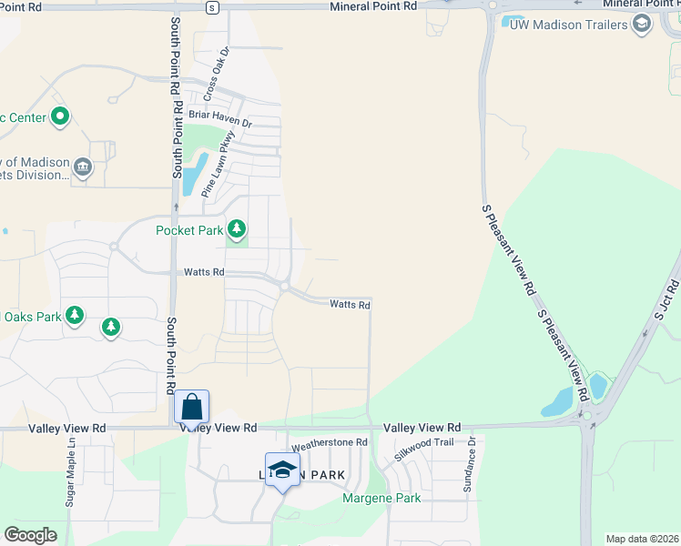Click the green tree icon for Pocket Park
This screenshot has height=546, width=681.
tap(237, 227)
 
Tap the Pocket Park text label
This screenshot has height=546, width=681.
tap(189, 230)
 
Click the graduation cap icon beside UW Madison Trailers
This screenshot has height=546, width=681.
tap(642, 25)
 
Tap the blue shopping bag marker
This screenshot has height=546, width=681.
tap(192, 406)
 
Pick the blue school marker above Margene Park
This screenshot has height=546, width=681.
tap(282, 470)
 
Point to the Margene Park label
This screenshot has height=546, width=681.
tap(381, 498)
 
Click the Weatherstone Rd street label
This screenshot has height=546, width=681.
tap(330, 443)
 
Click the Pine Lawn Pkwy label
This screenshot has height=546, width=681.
tap(218, 165)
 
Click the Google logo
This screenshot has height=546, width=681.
tap(30, 535)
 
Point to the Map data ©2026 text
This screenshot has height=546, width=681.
tap(641, 539)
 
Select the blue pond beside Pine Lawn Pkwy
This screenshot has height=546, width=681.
tap(194, 174)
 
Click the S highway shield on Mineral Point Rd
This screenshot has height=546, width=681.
tap(211, 7)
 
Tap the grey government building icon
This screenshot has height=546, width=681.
tap(83, 166)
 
